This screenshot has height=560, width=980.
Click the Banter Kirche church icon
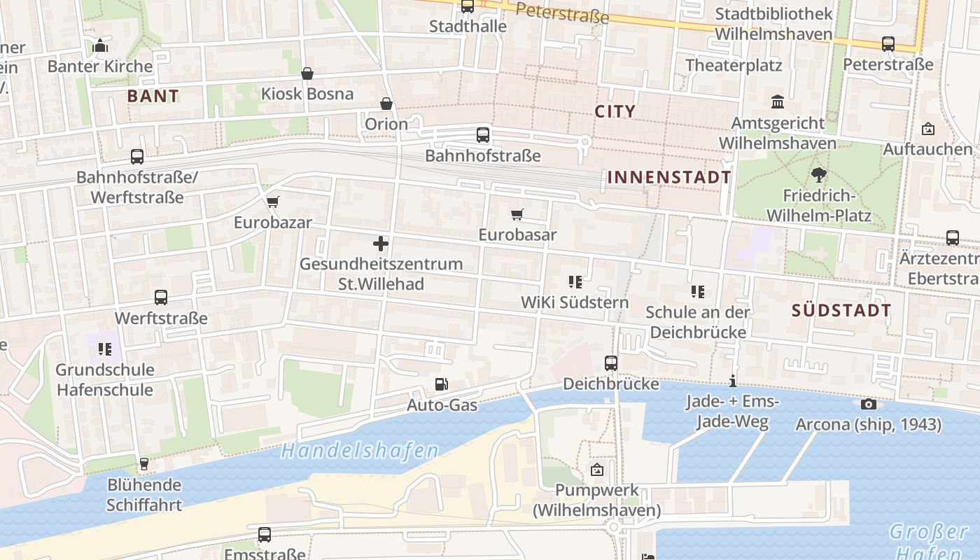pyautogui.click(x=100, y=46)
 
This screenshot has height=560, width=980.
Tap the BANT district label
pyautogui.click(x=153, y=97)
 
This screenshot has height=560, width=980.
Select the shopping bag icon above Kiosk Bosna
pyautogui.click(x=307, y=73)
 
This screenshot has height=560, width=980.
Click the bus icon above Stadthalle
pyautogui.click(x=467, y=7)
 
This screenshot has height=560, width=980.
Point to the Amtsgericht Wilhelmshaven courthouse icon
pyautogui.click(x=778, y=102)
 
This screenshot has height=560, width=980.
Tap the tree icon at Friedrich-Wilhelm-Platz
pyautogui.click(x=818, y=175)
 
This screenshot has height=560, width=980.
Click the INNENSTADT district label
pyautogui.click(x=669, y=177)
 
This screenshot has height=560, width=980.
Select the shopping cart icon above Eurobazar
pyautogui.click(x=272, y=202)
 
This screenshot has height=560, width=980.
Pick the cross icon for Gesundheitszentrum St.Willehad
pyautogui.click(x=381, y=244)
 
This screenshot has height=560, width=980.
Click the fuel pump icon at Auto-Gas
pyautogui.click(x=442, y=384)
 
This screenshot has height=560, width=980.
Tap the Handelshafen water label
pyautogui.click(x=360, y=451)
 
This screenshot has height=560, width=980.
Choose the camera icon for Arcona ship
pyautogui.click(x=868, y=404)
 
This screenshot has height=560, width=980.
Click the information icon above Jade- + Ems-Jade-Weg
pyautogui.click(x=732, y=381)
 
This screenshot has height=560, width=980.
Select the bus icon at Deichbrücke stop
pyautogui.click(x=611, y=363)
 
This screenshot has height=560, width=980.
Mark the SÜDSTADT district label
pyautogui.click(x=841, y=311)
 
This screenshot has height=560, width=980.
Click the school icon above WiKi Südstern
pyautogui.click(x=575, y=282)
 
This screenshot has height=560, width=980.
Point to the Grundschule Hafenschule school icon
pyautogui.click(x=105, y=349)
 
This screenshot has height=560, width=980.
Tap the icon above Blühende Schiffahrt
pyautogui.click(x=143, y=463)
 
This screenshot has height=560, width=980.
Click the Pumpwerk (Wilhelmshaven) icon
pyautogui.click(x=597, y=470)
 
